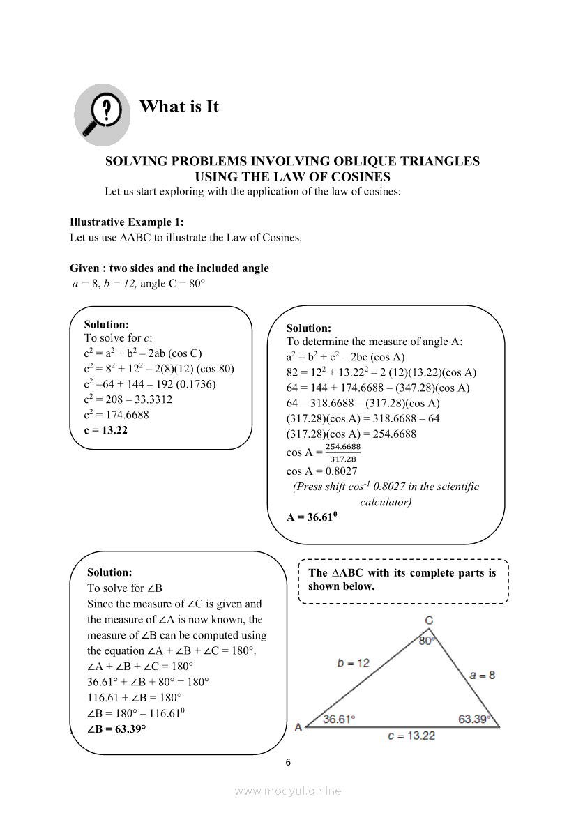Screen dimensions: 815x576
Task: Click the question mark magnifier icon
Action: pyautogui.click(x=102, y=114)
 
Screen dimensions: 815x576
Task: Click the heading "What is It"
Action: pyautogui.click(x=179, y=107)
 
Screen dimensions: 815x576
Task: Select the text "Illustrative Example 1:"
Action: pyautogui.click(x=127, y=222)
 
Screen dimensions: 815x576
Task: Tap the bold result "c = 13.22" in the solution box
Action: pyautogui.click(x=106, y=430)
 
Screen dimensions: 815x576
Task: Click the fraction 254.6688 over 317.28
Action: pyautogui.click(x=342, y=452)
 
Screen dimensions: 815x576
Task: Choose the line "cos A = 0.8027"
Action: pyautogui.click(x=321, y=471)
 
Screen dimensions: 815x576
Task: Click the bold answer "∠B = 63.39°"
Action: pyautogui.click(x=116, y=729)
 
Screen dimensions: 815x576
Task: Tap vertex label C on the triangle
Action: pyautogui.click(x=430, y=620)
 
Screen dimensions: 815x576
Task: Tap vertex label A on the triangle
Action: pyautogui.click(x=298, y=727)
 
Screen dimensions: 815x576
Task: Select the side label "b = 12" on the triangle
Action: pyautogui.click(x=354, y=663)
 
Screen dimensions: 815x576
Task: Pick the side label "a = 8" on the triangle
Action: pyautogui.click(x=483, y=675)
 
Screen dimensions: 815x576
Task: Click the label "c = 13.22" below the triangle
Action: pyautogui.click(x=411, y=736)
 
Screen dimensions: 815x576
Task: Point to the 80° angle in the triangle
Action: pyautogui.click(x=427, y=641)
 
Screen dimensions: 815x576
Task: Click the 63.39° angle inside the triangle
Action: pyautogui.click(x=474, y=719)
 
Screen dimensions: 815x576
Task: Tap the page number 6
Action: pyautogui.click(x=288, y=762)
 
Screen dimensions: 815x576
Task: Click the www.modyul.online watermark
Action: pyautogui.click(x=288, y=791)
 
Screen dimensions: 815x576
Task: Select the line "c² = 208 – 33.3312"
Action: pyautogui.click(x=128, y=399)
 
